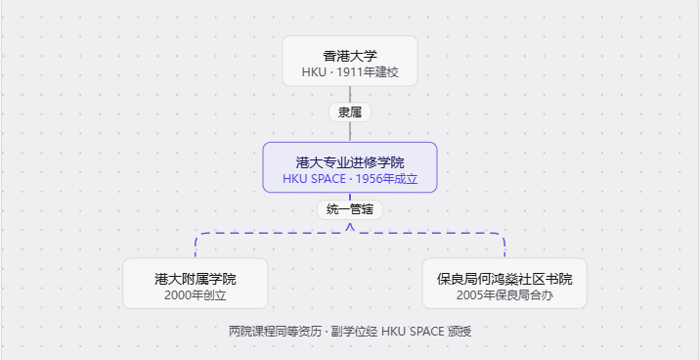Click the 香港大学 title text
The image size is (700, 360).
350,56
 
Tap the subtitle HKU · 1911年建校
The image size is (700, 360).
350,72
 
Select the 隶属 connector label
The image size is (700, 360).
350,112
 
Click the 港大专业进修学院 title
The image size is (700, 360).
350,162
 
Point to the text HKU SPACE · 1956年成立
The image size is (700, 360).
350,179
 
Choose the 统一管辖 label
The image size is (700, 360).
350,209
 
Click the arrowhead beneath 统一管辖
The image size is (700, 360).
350,227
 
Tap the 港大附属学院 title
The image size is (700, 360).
196,279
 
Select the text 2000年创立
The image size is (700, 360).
196,295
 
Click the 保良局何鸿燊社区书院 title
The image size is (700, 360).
504,279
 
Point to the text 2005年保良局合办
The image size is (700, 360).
504,295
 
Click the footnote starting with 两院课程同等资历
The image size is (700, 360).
350,332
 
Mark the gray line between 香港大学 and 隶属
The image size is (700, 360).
350,95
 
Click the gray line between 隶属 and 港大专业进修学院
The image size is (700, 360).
350,132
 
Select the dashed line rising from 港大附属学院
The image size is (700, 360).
196,245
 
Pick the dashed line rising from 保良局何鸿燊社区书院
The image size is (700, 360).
504,245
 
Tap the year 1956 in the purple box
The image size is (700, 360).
368,179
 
